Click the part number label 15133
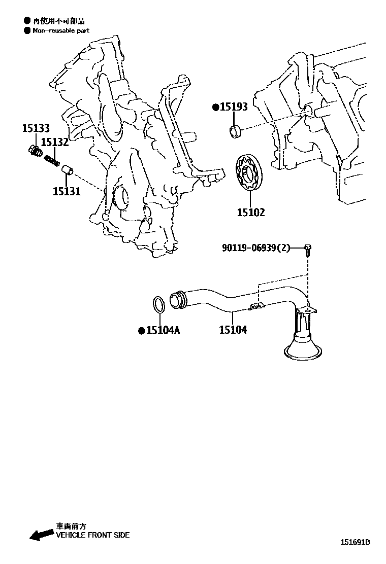(x=36, y=128)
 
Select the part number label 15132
(x=54, y=142)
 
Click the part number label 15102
(x=250, y=212)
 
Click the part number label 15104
(x=233, y=330)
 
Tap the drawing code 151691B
(x=355, y=542)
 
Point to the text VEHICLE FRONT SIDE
(x=92, y=535)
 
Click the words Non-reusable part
(x=61, y=30)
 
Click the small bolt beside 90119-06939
(x=308, y=249)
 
